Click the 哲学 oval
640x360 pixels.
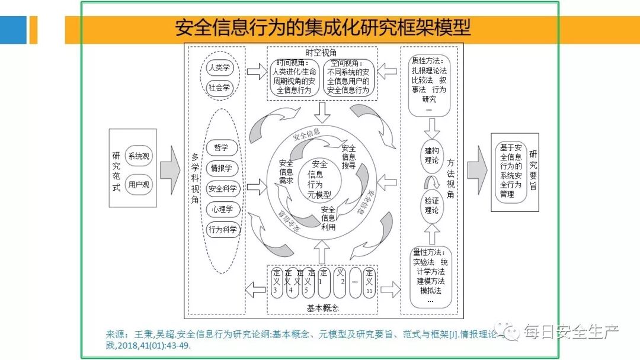click(x=222, y=148)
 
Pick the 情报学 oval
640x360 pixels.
click(x=222, y=169)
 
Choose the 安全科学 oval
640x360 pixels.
click(x=222, y=189)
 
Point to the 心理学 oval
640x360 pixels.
click(x=222, y=209)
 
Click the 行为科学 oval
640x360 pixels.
click(x=222, y=230)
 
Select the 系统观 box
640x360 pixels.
click(x=139, y=156)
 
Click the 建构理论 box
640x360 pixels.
click(x=431, y=154)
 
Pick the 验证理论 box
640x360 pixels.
click(x=431, y=205)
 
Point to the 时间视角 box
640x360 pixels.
click(x=295, y=77)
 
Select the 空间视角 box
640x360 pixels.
click(x=348, y=77)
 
